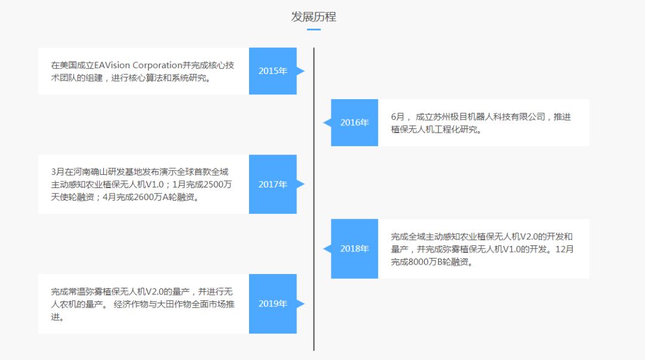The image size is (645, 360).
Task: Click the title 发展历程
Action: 314,17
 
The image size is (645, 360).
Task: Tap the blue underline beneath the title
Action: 314,29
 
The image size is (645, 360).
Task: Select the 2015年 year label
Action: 272,71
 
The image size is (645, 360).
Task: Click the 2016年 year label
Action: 355,122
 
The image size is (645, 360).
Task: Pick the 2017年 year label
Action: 272,184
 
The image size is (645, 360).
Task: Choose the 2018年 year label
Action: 355,248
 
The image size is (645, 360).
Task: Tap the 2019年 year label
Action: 272,304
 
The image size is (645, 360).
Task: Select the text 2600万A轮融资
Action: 168,197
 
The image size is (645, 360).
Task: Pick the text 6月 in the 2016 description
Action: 398,117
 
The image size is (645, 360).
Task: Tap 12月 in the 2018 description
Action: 564,249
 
